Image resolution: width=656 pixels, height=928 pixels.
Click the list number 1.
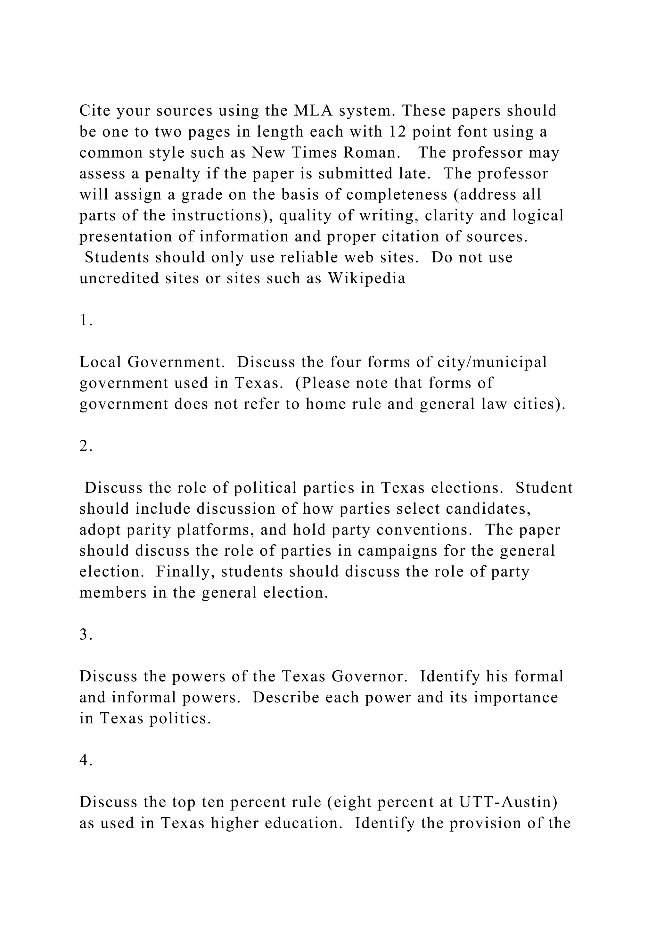(x=85, y=320)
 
